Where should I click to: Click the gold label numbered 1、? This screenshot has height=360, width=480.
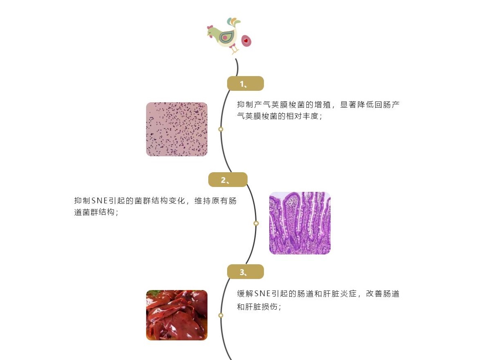(x=245, y=83)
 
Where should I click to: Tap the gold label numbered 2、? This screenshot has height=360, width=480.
(x=228, y=180)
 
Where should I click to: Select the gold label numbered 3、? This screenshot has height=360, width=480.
(x=245, y=272)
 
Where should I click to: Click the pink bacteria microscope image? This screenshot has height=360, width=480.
(x=177, y=129)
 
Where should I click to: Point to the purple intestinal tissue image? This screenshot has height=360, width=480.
(x=300, y=223)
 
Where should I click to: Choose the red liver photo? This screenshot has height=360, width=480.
(x=177, y=315)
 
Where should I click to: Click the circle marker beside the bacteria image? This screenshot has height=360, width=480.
(x=221, y=129)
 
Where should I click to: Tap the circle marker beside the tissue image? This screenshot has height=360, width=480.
(x=256, y=223)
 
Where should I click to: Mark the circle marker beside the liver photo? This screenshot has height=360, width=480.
(x=221, y=315)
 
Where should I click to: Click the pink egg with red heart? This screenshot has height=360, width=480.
(x=246, y=40)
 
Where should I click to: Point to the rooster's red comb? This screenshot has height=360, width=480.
(x=211, y=27)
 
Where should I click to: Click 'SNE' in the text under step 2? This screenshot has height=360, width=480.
(x=99, y=201)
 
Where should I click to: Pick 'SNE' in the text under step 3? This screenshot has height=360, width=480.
(x=263, y=294)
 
